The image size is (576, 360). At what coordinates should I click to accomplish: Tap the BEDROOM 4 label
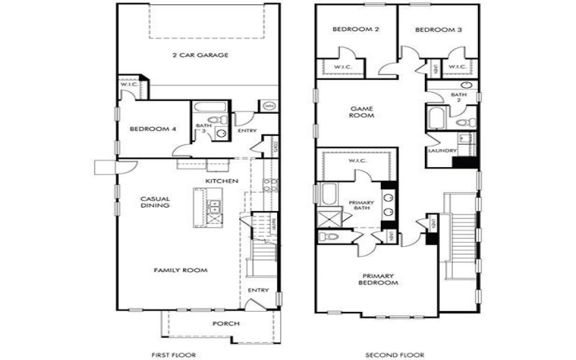pyautogui.click(x=152, y=130)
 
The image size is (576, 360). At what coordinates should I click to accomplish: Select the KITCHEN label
pyautogui.click(x=221, y=181)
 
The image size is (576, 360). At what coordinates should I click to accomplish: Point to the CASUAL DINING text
pyautogui.click(x=155, y=202)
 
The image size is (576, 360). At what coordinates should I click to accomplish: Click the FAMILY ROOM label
pyautogui.click(x=180, y=271)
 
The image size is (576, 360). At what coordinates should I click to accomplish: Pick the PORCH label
pyautogui.click(x=220, y=323)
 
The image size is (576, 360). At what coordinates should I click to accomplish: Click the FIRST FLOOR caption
pyautogui.click(x=170, y=354)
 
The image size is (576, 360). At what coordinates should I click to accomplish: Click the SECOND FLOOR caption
pyautogui.click(x=395, y=354)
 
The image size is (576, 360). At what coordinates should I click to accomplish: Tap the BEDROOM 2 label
pyautogui.click(x=356, y=30)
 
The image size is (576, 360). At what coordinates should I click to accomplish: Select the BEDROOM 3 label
pyautogui.click(x=438, y=30)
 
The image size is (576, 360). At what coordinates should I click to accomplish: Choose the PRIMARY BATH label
pyautogui.click(x=361, y=206)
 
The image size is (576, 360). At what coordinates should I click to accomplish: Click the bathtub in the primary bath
pyautogui.click(x=328, y=194)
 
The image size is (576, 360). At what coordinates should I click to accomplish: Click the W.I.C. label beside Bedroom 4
pyautogui.click(x=129, y=85)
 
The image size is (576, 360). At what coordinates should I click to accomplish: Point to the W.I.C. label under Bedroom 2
pyautogui.click(x=341, y=67)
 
